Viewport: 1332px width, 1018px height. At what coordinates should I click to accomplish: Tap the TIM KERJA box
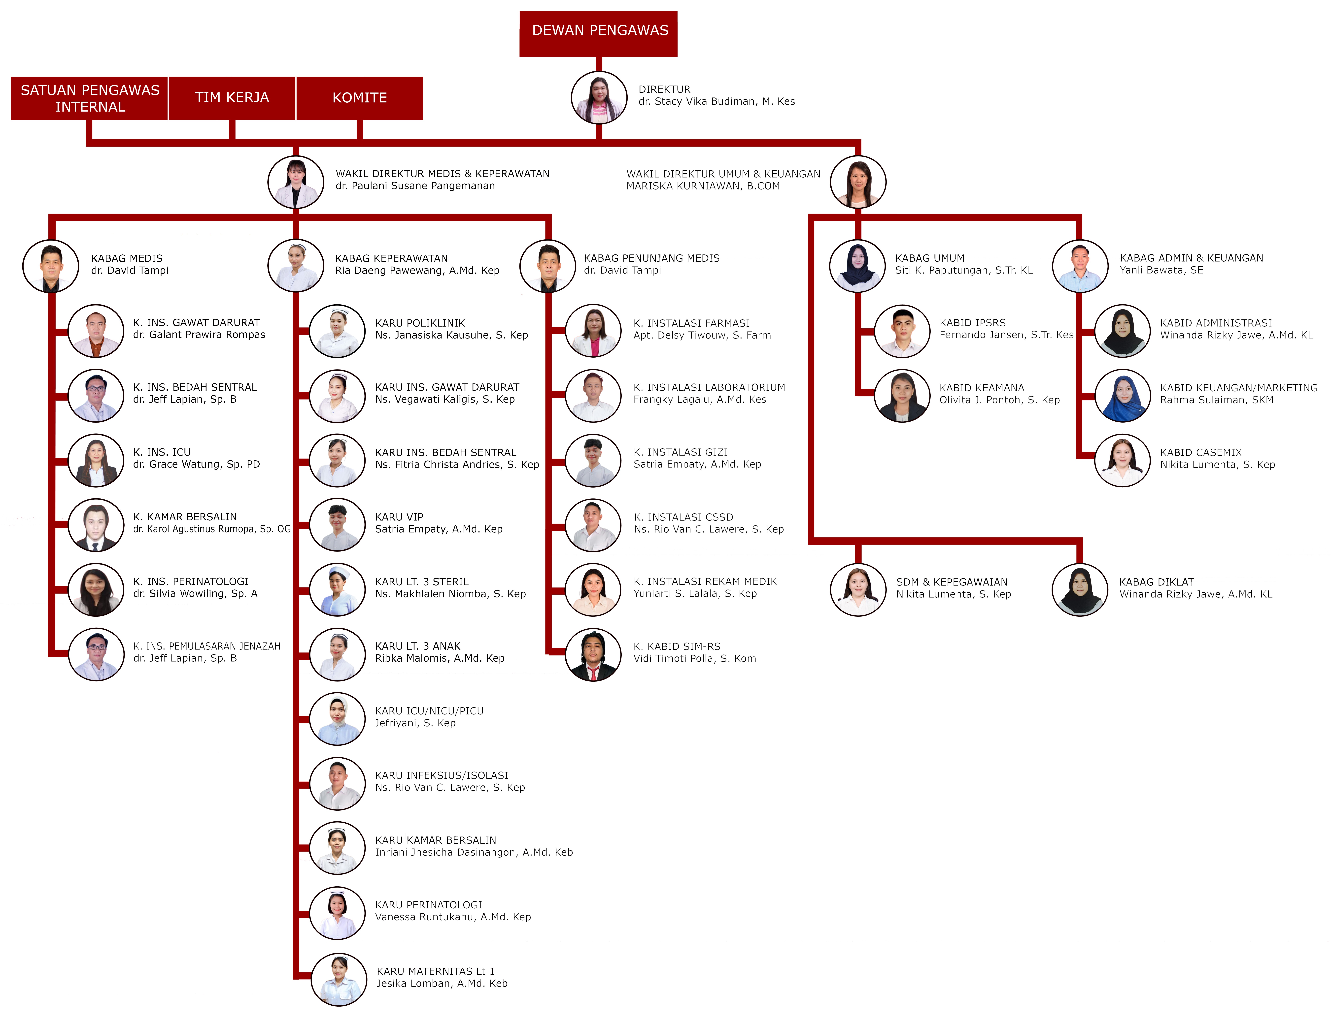tap(232, 98)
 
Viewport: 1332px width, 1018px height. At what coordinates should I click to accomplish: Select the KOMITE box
tap(360, 98)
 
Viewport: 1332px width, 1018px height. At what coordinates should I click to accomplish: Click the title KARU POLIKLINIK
tap(420, 323)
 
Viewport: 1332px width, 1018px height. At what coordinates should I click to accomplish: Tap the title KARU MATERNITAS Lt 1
tap(435, 971)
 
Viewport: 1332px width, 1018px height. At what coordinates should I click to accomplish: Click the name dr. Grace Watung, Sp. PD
tap(196, 464)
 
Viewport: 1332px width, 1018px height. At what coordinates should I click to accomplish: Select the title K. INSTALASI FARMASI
tap(691, 323)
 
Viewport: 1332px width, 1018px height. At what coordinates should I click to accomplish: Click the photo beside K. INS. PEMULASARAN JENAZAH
tap(96, 654)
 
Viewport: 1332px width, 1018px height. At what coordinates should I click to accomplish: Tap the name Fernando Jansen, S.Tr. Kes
tap(1006, 335)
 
